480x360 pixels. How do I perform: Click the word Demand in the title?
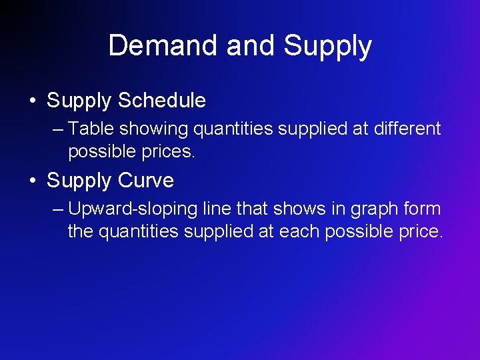(x=163, y=46)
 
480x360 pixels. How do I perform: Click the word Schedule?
(x=162, y=101)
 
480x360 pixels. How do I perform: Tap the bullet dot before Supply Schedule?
(x=32, y=101)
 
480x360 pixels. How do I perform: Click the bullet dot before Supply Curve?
(x=32, y=181)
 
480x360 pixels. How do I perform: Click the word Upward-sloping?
(x=133, y=209)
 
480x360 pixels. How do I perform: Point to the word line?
(x=216, y=208)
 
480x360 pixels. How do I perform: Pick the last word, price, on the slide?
(x=417, y=233)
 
